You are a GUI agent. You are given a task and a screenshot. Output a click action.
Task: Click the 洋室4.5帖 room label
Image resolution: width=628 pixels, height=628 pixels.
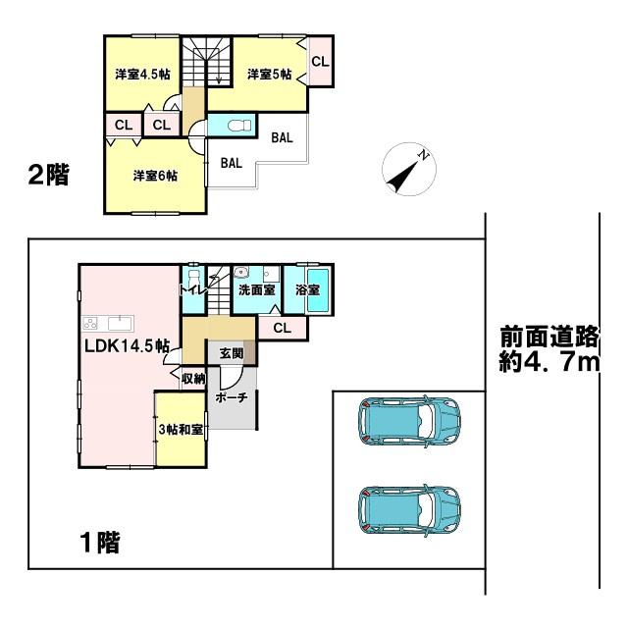tap(141, 75)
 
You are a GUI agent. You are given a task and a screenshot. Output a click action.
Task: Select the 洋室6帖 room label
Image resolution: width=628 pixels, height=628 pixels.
tap(156, 176)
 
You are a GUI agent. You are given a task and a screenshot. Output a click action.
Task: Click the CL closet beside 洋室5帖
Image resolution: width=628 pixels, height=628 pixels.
tap(320, 62)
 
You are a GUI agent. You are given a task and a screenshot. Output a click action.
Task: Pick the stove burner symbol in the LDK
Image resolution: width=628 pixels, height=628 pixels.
tap(92, 324)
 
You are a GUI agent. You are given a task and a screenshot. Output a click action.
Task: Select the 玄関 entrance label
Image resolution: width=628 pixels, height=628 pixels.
tap(232, 353)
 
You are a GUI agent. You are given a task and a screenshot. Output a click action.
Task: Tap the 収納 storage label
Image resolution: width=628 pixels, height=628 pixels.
tap(192, 377)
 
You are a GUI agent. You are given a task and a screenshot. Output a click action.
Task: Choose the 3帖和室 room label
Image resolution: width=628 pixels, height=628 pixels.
tap(181, 430)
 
